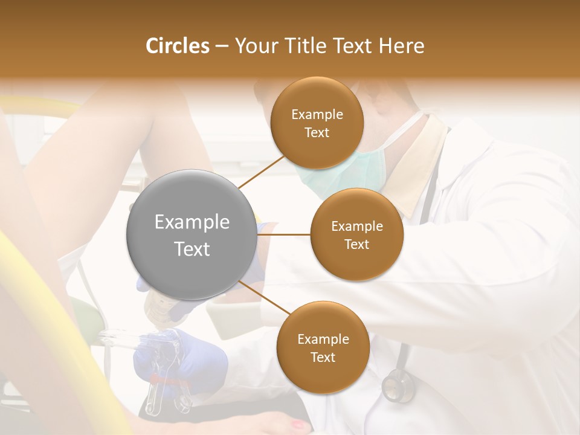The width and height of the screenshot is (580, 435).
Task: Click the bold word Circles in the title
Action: coord(177,46)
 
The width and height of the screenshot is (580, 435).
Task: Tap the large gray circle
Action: coord(192,235)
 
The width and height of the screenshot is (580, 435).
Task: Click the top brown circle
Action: coord(317,123)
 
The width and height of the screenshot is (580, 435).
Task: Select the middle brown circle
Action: coord(356,234)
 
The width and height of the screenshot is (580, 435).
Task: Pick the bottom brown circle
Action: coord(323,347)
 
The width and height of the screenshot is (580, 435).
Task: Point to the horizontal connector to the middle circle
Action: coord(284,234)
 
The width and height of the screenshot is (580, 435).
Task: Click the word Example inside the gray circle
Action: coord(192,222)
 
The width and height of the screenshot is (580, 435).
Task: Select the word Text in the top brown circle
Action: coord(317,132)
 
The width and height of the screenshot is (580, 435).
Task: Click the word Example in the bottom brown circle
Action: coord(323,339)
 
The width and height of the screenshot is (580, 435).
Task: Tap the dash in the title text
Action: coord(222,46)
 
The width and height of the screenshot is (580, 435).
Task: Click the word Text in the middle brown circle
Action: coord(356,244)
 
